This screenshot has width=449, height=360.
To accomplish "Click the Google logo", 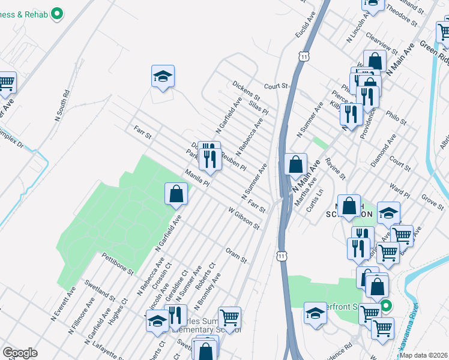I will pos(20,353).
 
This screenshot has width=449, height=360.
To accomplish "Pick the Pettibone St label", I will pos(117,263).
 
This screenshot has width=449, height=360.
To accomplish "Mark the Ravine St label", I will pos(334,169).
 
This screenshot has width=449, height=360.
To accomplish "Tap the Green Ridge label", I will pos(433,51).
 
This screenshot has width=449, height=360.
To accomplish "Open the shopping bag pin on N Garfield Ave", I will pos(176,194).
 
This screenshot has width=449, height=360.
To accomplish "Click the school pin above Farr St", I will pos(163,76).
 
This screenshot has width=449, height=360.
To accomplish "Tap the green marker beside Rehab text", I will pos(58,13).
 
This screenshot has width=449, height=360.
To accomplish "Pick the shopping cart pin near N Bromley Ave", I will pos(229,317).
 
